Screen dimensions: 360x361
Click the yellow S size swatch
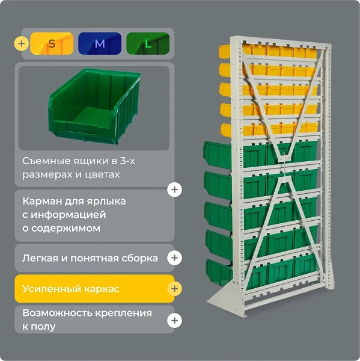point(52,43)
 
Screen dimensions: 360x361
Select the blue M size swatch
point(100,43)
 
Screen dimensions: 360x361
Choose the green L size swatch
point(148,43)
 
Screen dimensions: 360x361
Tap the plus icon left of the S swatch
point(22,43)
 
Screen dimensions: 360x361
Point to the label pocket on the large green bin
point(82,128)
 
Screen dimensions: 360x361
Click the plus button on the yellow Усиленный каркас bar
point(175,288)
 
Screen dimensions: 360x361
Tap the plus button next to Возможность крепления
point(175,320)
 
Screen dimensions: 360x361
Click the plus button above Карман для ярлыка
point(175,190)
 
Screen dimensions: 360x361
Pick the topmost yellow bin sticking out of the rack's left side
point(225,51)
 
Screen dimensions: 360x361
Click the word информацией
point(69,215)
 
